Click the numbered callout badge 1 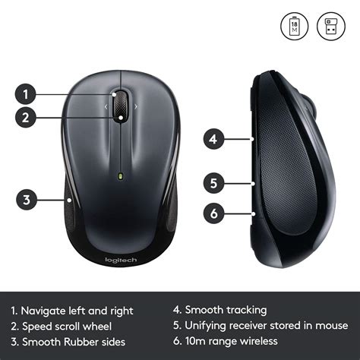(27, 95)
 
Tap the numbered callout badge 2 (27, 118)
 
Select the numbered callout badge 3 (27, 200)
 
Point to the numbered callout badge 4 (215, 139)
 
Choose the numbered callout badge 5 (215, 183)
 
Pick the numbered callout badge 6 (215, 213)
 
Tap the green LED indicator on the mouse (121, 179)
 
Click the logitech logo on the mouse (121, 260)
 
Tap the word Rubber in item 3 (83, 341)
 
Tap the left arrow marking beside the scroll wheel (106, 107)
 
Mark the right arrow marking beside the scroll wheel (136, 107)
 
